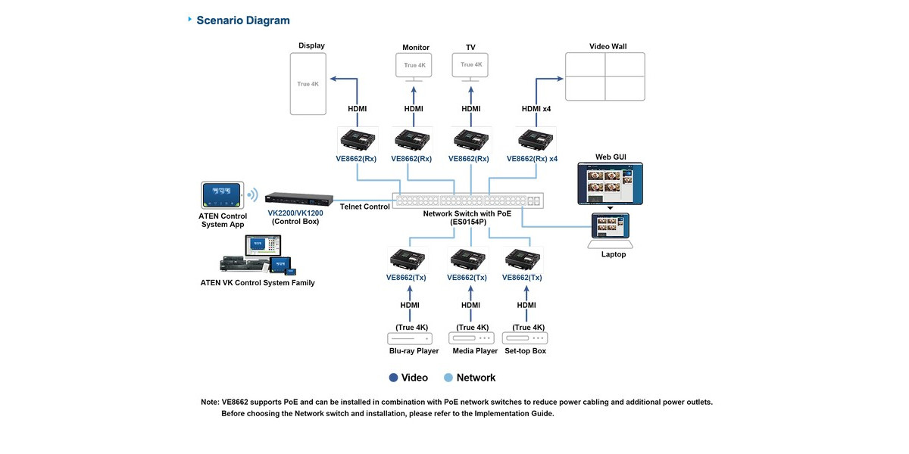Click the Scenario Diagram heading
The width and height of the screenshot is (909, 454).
(x=242, y=20)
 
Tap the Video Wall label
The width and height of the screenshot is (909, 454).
(x=608, y=46)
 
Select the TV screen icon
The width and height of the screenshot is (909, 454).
(x=470, y=67)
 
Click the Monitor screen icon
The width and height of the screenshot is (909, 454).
(x=414, y=67)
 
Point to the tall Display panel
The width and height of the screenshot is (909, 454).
(x=308, y=84)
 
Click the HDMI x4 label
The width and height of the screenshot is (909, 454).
(x=536, y=109)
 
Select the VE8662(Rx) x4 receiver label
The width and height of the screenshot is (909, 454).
(x=532, y=159)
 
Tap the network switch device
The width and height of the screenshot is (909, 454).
(x=468, y=201)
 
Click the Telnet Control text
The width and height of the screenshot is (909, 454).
(x=365, y=207)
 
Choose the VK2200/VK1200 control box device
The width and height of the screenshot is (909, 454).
(x=299, y=198)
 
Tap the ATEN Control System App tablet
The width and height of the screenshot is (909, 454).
(x=223, y=195)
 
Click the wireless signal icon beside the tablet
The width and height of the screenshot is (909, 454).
(x=253, y=195)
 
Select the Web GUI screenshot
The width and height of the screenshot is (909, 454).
(x=611, y=184)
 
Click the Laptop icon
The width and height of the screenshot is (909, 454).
(x=611, y=231)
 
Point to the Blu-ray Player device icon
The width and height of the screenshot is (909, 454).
(x=410, y=338)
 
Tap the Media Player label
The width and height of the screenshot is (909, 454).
(x=475, y=351)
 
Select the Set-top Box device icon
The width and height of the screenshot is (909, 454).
(x=525, y=338)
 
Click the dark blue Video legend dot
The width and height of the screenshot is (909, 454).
(x=393, y=378)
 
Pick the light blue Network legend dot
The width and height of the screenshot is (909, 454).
(x=448, y=378)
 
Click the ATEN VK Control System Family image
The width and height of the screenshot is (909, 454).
(x=258, y=255)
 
